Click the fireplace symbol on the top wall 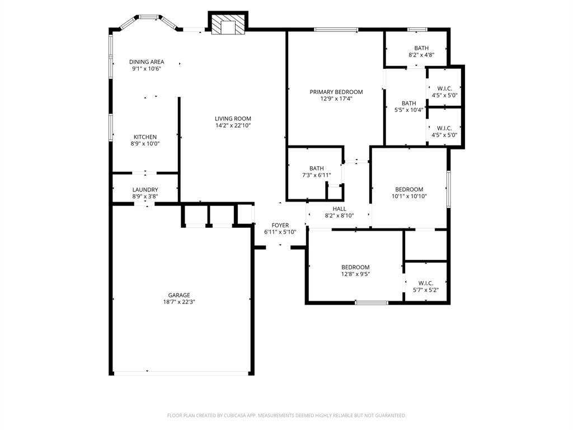[227, 24]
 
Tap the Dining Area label [147, 62]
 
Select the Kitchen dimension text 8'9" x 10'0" [145, 144]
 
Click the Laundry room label [145, 190]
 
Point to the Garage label [179, 295]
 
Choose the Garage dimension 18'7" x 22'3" [179, 302]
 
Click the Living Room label [233, 119]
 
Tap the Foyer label [280, 225]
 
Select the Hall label [339, 209]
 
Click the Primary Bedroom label [336, 92]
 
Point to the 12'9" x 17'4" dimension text [336, 99]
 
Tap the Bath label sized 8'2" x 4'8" [421, 48]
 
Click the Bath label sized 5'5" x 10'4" [408, 103]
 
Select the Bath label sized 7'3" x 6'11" [316, 169]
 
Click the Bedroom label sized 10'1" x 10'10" [409, 189]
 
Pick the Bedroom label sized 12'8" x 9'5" [355, 267]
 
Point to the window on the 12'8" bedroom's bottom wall [372, 303]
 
